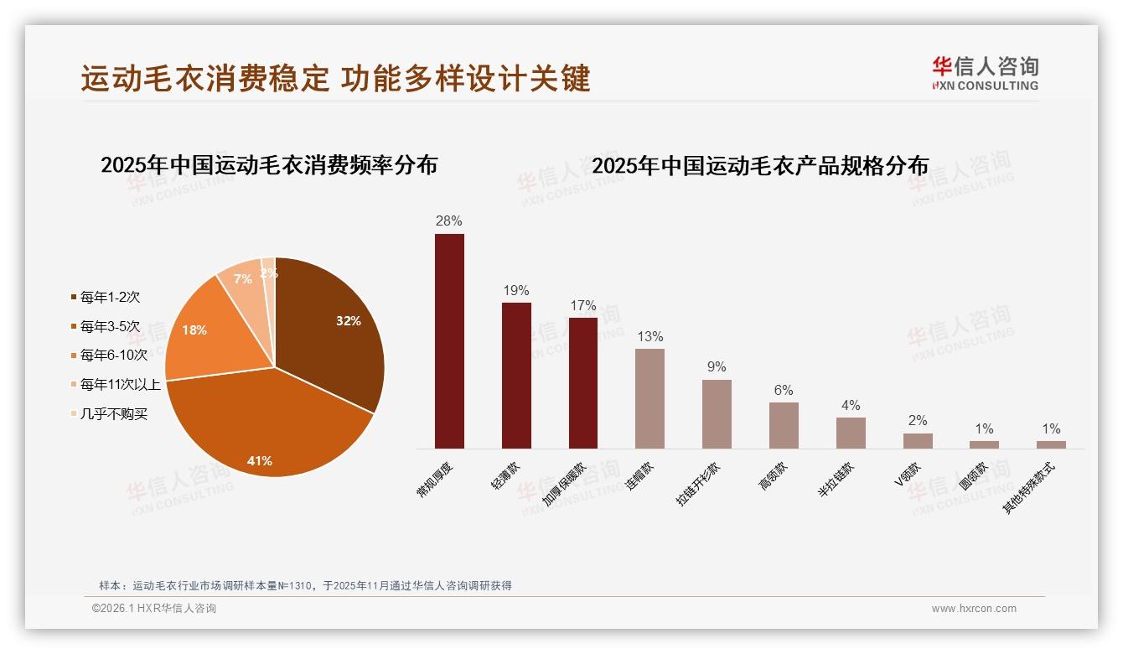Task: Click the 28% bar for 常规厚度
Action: pos(449,341)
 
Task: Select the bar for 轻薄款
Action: pos(516,375)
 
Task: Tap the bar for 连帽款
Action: pos(649,398)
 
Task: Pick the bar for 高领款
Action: pos(784,425)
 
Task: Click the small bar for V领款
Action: pos(918,441)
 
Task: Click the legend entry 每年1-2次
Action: pos(109,297)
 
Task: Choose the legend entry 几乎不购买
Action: pos(113,414)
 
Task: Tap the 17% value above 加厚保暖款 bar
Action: pos(582,306)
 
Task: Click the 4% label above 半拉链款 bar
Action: pos(851,406)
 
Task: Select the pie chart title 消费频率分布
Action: pos(269,165)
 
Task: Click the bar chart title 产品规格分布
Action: pos(760,166)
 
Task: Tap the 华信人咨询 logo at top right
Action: pos(985,73)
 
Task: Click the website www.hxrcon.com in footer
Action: pos(974,609)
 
